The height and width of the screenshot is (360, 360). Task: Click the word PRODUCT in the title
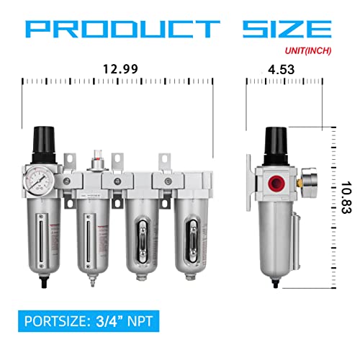[x=122, y=29]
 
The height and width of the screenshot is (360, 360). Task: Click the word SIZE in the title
[x=287, y=29]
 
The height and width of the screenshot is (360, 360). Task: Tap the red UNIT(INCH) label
[x=308, y=50]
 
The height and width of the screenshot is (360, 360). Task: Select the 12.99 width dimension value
[x=120, y=69]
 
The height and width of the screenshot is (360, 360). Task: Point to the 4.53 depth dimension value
[x=281, y=70]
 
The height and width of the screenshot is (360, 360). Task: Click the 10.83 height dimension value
[x=346, y=197]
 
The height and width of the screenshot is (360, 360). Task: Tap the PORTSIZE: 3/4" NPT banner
[x=89, y=321]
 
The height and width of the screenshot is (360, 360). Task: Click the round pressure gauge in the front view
[x=38, y=181]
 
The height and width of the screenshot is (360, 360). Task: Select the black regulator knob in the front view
[x=45, y=145]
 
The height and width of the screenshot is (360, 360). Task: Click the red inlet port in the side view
[x=276, y=183]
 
